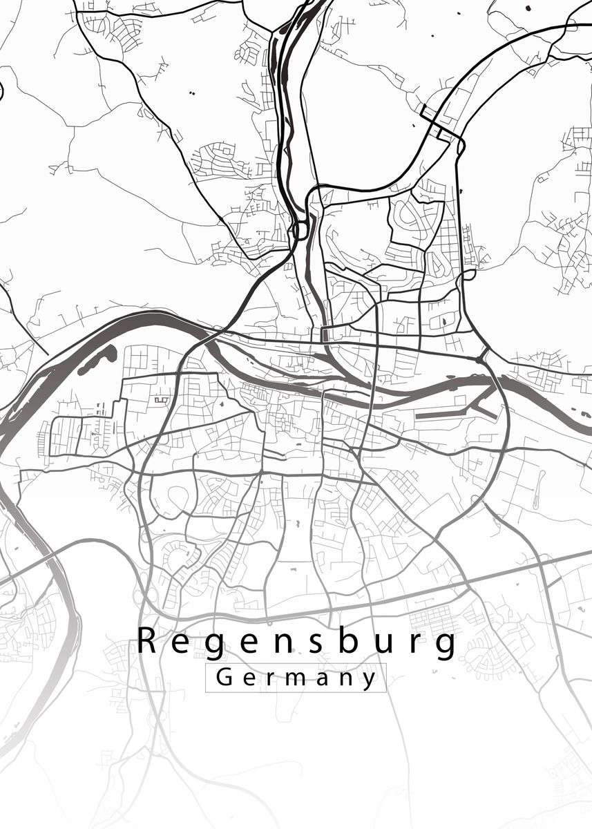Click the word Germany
(296, 678)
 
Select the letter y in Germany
(370, 680)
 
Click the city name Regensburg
(296, 642)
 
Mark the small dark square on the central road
(325, 335)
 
